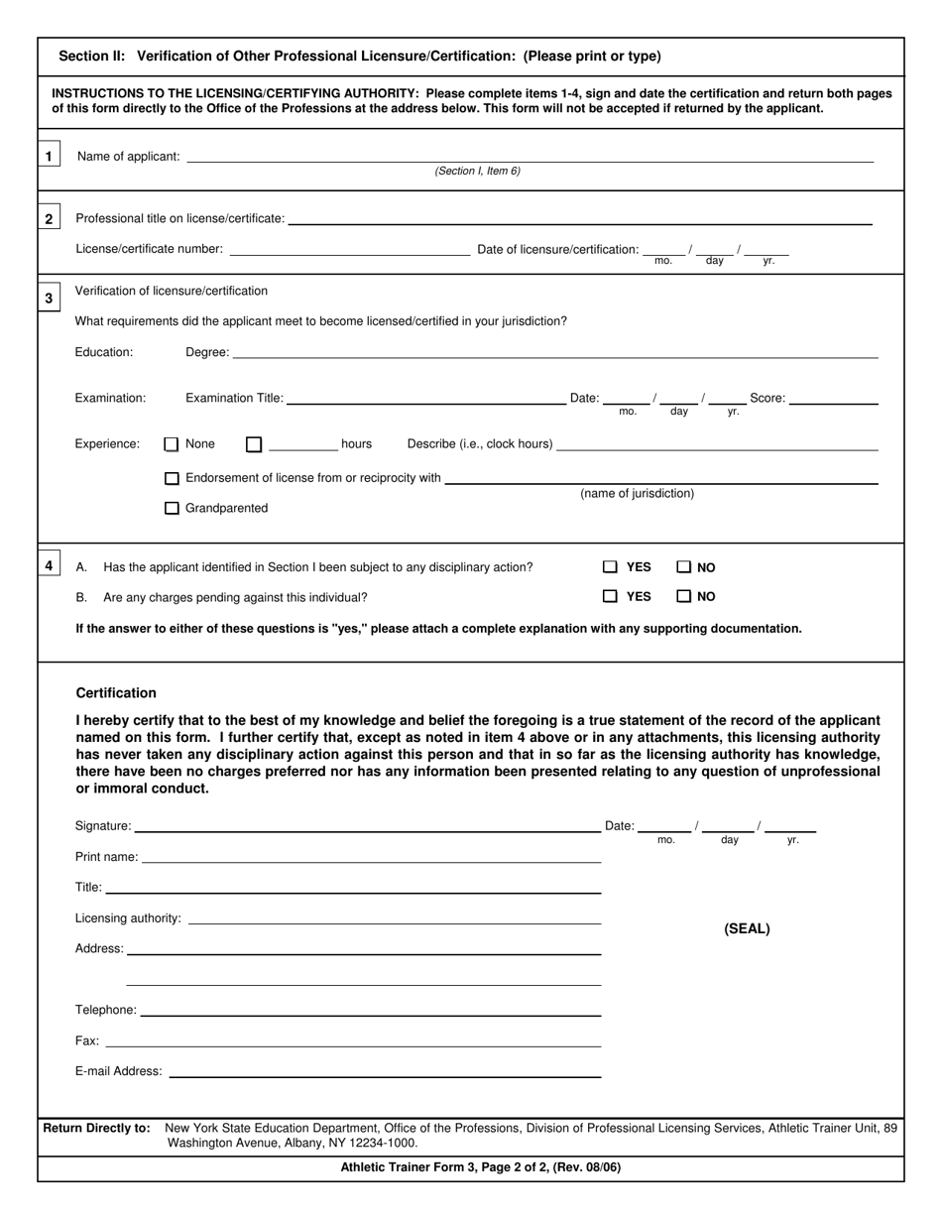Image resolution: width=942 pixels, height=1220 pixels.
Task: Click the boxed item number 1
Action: click(x=49, y=156)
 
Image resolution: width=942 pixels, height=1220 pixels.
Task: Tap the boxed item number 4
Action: click(x=49, y=565)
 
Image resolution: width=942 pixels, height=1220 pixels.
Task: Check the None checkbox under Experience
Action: click(x=172, y=444)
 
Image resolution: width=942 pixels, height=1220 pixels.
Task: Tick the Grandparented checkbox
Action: click(x=172, y=508)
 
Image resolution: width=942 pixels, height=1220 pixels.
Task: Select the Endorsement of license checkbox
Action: click(x=172, y=478)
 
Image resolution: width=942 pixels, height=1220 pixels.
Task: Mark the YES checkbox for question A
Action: click(x=610, y=567)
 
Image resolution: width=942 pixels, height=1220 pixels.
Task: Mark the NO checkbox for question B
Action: click(x=684, y=596)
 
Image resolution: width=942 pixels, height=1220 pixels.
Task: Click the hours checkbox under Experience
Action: click(x=254, y=444)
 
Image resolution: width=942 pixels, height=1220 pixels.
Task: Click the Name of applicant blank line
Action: click(x=530, y=156)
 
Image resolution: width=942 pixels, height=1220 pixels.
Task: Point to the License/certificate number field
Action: click(x=349, y=249)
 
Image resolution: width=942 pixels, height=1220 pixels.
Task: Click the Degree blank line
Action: click(x=555, y=352)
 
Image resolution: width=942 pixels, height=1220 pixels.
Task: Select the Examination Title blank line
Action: click(x=425, y=398)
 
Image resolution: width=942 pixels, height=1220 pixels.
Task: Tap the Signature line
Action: click(x=367, y=825)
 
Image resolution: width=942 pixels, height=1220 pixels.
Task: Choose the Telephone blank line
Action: click(x=371, y=1010)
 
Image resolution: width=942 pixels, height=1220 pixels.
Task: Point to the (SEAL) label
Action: click(x=747, y=929)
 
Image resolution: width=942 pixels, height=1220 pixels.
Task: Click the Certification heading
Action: click(x=116, y=692)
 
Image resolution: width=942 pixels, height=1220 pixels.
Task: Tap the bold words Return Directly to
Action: click(x=97, y=1128)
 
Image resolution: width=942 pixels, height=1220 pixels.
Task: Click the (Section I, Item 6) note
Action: click(x=477, y=171)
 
